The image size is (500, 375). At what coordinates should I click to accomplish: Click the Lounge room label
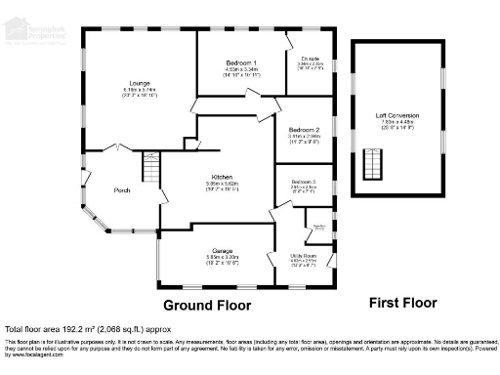click(139, 83)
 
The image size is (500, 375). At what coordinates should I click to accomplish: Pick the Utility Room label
click(306, 255)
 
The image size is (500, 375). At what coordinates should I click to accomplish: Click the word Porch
click(122, 189)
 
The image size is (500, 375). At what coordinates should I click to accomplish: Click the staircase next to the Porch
click(149, 172)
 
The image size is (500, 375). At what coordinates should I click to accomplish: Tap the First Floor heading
click(401, 303)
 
